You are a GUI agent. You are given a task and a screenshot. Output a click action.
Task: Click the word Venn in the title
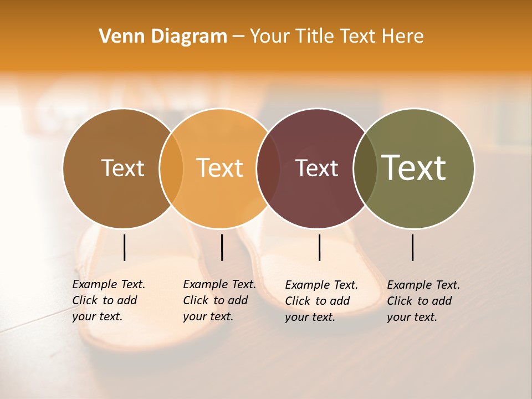click(x=116, y=37)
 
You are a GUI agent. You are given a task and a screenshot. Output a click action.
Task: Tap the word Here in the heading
click(x=403, y=37)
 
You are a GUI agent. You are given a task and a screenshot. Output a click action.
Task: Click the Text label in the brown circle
click(x=122, y=168)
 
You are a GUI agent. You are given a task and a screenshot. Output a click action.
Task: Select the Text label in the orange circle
click(x=220, y=168)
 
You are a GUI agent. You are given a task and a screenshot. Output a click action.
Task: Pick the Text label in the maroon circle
click(x=317, y=168)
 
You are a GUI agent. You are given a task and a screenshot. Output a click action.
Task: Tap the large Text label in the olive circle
click(x=414, y=168)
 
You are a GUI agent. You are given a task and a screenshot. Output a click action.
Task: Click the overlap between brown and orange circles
click(x=171, y=168)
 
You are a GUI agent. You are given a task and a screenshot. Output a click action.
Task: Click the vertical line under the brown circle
click(x=124, y=247)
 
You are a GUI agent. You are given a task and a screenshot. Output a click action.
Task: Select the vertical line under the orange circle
click(x=222, y=247)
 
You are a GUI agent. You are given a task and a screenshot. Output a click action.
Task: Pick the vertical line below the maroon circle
click(x=319, y=247)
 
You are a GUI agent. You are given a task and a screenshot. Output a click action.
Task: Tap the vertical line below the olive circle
click(x=412, y=247)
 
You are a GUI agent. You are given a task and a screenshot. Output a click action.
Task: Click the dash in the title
click(x=238, y=37)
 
